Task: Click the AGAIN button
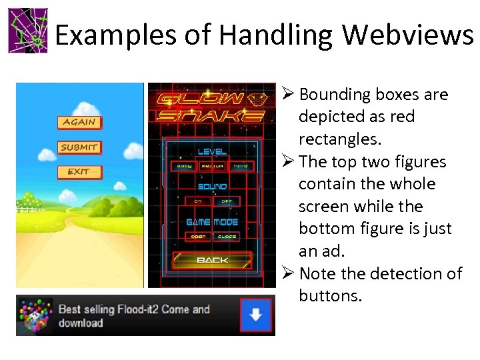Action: tap(79, 122)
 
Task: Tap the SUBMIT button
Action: tap(79, 147)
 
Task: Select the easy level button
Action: tap(184, 166)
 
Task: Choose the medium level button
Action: tap(213, 166)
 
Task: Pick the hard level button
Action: tap(241, 166)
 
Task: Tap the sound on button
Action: tap(198, 201)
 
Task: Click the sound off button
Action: tap(226, 201)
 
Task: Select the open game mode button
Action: tap(198, 237)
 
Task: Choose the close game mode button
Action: tap(227, 237)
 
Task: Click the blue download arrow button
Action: tap(255, 315)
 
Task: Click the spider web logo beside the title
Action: tap(28, 31)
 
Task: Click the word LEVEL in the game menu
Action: tap(212, 152)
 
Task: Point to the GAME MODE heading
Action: tap(212, 222)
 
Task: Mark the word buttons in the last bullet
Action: tap(330, 295)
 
